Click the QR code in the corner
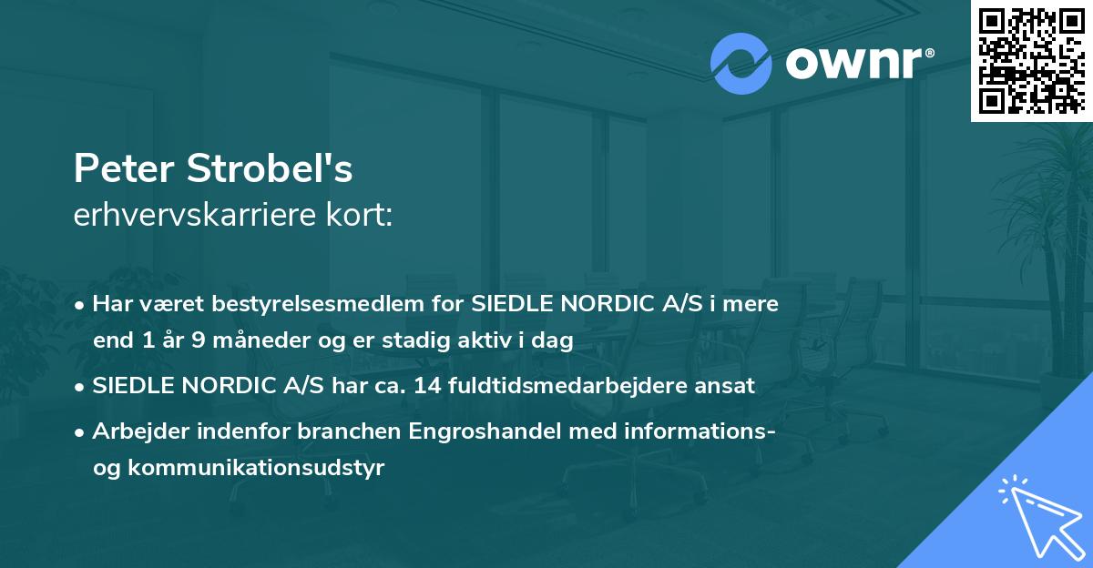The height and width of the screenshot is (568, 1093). coord(1032,60)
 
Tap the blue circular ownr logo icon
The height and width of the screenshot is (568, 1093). coord(741,63)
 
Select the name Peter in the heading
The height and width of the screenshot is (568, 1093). coord(124,169)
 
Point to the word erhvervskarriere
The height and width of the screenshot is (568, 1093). coord(189,217)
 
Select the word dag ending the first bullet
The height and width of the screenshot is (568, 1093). coord(555,342)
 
